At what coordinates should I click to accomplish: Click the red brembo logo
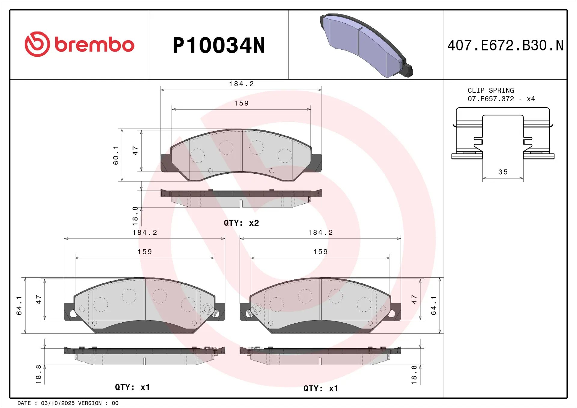[x=79, y=44]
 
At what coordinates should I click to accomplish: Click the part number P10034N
[x=218, y=46]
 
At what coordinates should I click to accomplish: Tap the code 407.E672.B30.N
[x=505, y=46]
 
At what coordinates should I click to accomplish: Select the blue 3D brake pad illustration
[x=365, y=45]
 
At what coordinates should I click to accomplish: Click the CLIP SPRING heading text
[x=490, y=90]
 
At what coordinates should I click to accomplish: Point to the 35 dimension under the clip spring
[x=503, y=172]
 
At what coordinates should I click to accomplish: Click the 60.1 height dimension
[x=116, y=155]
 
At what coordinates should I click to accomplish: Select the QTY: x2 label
[x=241, y=223]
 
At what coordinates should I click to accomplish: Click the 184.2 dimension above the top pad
[x=241, y=84]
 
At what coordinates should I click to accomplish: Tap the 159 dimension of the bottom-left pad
[x=145, y=252]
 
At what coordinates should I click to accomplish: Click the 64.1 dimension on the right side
[x=433, y=305]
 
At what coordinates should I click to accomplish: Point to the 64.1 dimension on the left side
[x=19, y=305]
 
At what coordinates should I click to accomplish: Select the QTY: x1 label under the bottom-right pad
[x=321, y=388]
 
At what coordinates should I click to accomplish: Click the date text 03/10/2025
[x=58, y=403]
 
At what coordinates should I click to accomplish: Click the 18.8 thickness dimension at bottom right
[x=414, y=375]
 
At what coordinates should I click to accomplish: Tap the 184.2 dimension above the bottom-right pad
[x=320, y=233]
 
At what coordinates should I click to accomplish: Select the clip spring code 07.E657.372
[x=490, y=99]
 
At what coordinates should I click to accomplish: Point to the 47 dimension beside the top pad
[x=135, y=151]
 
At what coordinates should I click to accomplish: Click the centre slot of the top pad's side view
[x=241, y=203]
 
